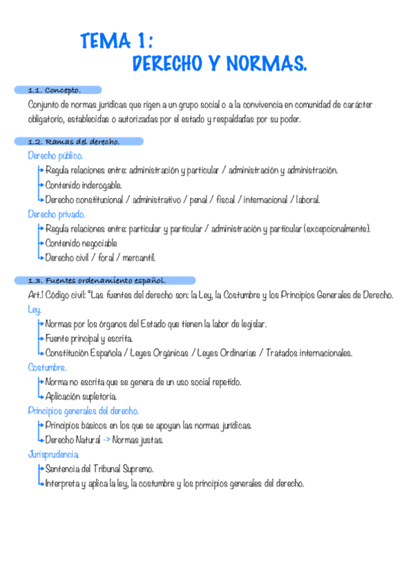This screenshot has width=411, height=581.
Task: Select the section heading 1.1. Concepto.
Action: coord(54,90)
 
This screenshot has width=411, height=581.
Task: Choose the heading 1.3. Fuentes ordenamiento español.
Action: coord(97,280)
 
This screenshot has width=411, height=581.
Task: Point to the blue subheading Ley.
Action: coord(34,309)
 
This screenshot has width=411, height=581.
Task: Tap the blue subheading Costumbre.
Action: coord(47,368)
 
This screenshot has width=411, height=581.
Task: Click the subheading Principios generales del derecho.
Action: coord(84,411)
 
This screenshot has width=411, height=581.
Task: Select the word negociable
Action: coord(95,243)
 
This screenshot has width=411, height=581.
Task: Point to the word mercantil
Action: coord(137,258)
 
